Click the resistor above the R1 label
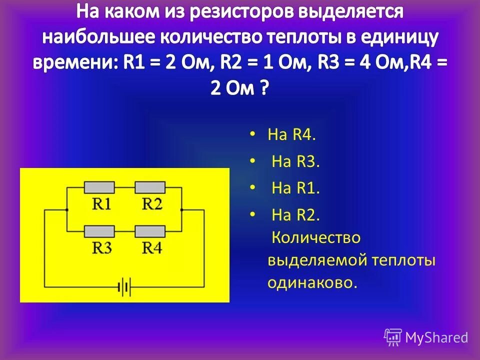tap(100, 187)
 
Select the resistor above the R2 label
tap(150, 187)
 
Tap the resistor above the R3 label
tap(100, 231)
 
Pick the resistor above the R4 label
tap(150, 231)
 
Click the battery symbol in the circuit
tap(123, 287)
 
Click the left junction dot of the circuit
tap(67, 210)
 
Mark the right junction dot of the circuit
tap(182, 210)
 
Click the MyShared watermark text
tap(436, 337)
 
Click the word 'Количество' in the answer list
tap(315, 237)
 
